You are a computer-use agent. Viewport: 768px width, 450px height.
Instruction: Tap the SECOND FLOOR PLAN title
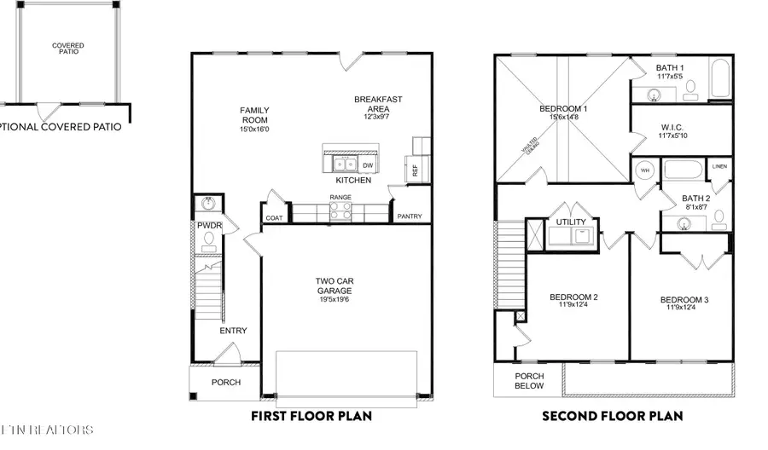[x=613, y=417]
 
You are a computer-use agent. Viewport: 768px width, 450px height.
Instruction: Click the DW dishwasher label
[x=368, y=165]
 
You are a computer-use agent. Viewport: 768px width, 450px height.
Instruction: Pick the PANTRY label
[x=409, y=216]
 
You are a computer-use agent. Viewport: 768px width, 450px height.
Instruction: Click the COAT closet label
[x=274, y=218]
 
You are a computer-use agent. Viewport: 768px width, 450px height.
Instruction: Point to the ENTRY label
[x=233, y=331]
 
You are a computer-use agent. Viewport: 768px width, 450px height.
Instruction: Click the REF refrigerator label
[x=416, y=170]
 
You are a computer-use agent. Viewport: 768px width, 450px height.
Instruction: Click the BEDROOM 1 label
[x=563, y=109]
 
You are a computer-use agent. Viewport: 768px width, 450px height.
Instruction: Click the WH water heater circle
[x=645, y=170]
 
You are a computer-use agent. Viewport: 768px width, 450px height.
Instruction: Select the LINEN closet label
[x=720, y=166]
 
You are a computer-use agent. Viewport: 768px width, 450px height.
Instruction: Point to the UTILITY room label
[x=571, y=221]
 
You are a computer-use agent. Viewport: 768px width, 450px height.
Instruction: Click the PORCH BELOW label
[x=528, y=380]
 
